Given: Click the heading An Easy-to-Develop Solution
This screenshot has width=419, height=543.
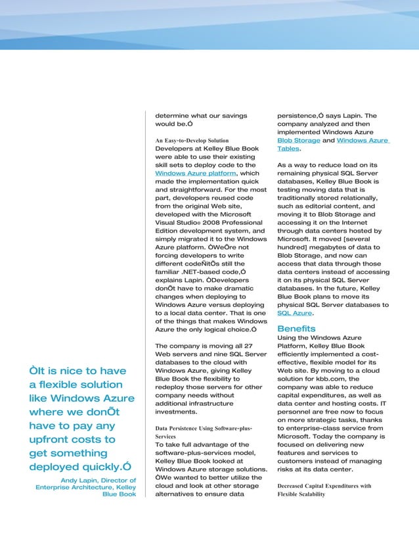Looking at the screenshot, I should tap(191, 141).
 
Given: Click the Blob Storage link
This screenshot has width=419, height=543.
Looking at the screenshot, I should tap(299, 141).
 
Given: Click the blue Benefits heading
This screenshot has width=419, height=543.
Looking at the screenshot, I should tap(296, 328).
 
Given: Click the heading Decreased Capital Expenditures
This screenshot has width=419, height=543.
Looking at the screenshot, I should tap(324, 486).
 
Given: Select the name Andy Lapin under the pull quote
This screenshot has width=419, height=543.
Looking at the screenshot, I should tap(77, 481).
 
